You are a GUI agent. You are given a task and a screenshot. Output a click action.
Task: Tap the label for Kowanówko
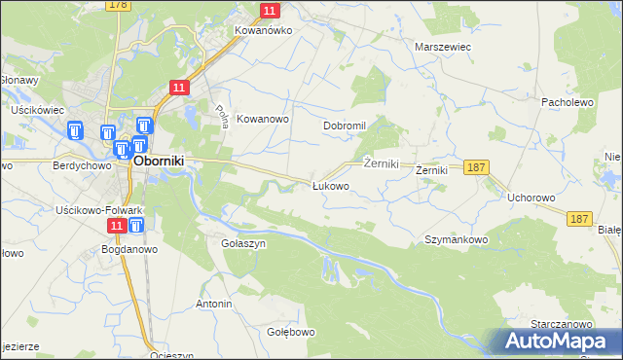click(x=263, y=30)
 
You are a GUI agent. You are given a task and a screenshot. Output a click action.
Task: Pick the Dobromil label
click(x=344, y=126)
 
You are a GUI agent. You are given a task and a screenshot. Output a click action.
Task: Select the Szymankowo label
click(x=456, y=238)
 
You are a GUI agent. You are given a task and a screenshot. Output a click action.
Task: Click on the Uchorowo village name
click(x=531, y=197)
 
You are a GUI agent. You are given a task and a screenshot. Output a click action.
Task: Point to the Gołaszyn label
click(x=243, y=244)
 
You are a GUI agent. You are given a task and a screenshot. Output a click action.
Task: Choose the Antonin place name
click(x=214, y=304)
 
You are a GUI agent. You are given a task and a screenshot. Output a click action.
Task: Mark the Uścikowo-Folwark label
click(x=99, y=210)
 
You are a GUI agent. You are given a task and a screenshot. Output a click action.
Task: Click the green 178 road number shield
click(x=119, y=5)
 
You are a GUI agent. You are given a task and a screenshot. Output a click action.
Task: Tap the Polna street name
click(x=221, y=117)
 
